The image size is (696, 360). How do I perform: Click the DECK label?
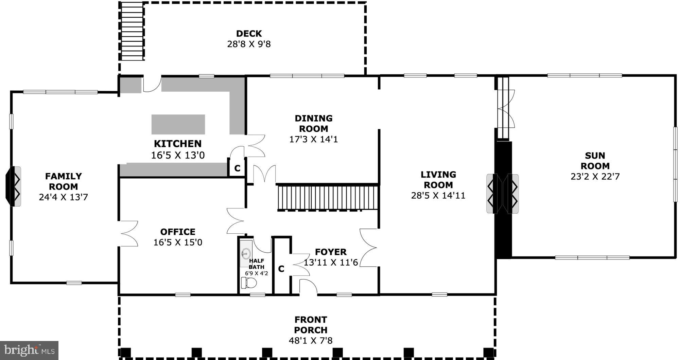(x=249, y=34)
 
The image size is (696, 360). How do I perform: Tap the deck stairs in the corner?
(x=132, y=31)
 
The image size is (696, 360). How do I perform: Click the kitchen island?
(x=178, y=124)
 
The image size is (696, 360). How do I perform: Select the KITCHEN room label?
(x=178, y=144)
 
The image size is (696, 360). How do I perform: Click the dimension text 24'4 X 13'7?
(x=63, y=197)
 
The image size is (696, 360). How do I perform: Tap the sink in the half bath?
(x=246, y=253)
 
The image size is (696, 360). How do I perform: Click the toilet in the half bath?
(x=248, y=283)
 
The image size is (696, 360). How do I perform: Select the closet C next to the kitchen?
(x=237, y=168)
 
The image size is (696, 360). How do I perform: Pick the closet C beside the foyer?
(x=281, y=269)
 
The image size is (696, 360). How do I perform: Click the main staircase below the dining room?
(x=328, y=198)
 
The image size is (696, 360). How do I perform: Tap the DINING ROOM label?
(x=313, y=124)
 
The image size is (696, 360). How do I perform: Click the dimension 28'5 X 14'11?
(x=438, y=196)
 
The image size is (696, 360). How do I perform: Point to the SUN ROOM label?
(x=595, y=161)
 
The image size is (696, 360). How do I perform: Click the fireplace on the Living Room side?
(x=492, y=194)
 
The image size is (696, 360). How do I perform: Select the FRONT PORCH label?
(x=311, y=325)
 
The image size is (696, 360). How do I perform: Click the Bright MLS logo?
(x=29, y=350)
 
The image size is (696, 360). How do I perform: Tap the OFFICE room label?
(x=178, y=232)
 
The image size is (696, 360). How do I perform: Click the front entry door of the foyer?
(x=308, y=287)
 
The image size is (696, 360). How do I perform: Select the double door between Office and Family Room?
(x=128, y=234)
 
